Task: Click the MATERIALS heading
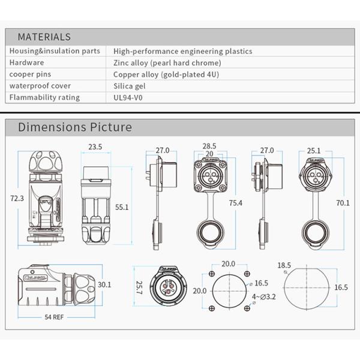[44, 37]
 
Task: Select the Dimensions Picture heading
[74, 127]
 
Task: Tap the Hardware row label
[27, 62]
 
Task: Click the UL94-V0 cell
[128, 97]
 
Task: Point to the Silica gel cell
[130, 86]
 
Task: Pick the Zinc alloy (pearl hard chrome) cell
[167, 62]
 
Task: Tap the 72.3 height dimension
[16, 198]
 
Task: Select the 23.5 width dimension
[95, 146]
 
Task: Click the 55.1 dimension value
[122, 207]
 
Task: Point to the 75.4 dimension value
[236, 203]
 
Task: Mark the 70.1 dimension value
[343, 203]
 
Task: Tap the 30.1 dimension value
[104, 284]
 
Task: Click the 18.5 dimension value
[284, 265]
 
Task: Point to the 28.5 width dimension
[209, 146]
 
